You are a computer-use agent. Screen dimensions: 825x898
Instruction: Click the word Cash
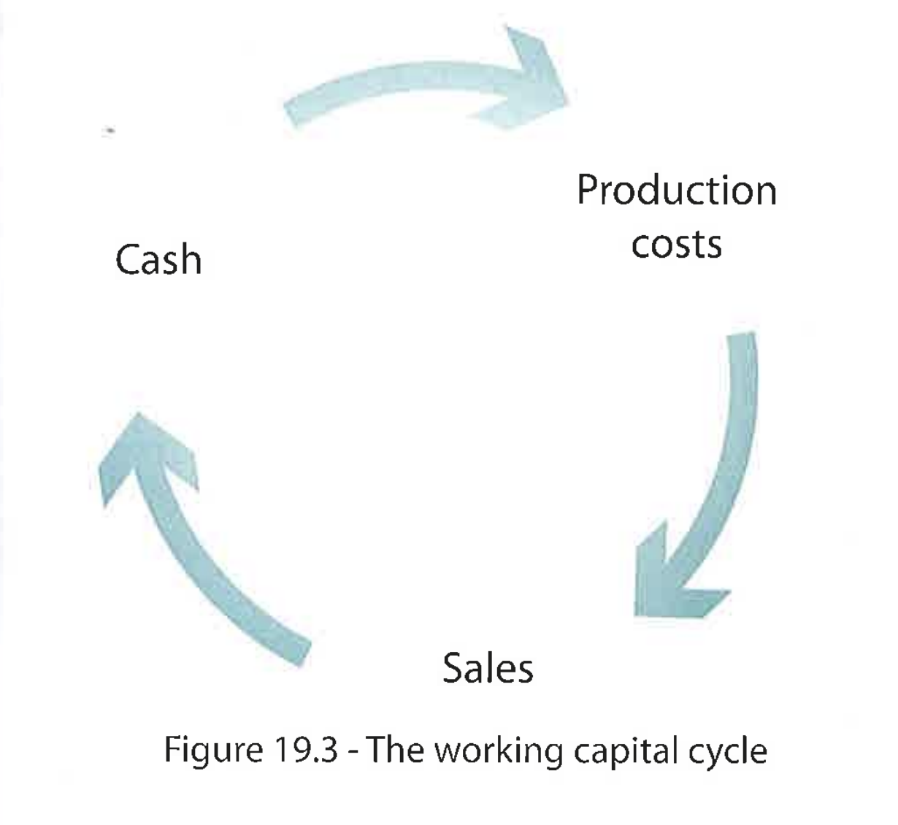(x=158, y=260)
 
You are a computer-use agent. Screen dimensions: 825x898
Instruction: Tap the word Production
(x=676, y=191)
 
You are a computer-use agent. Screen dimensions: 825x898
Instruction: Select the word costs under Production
(x=676, y=245)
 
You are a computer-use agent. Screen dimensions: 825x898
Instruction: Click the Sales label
(x=488, y=667)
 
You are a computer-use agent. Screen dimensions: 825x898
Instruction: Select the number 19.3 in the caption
(x=304, y=750)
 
